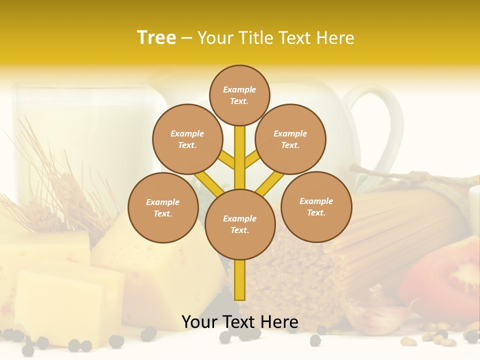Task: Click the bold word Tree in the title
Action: (x=156, y=38)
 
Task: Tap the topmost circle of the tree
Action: (x=239, y=95)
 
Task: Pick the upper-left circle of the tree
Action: (x=187, y=139)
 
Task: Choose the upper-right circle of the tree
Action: (x=290, y=139)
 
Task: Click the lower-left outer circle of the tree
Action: (x=163, y=207)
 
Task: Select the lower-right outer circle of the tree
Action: (x=316, y=206)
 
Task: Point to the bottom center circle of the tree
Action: (x=240, y=224)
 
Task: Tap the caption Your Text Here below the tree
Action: (x=240, y=321)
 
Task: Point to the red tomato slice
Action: (x=445, y=280)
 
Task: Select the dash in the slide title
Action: (x=186, y=38)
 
